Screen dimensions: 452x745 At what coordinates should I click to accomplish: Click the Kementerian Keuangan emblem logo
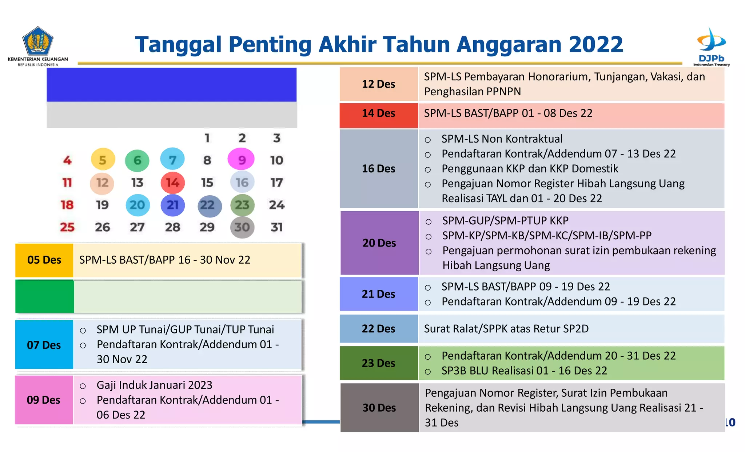(38, 41)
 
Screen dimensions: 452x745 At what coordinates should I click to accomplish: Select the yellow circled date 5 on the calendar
(103, 160)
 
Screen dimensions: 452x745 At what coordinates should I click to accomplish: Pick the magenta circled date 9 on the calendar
(241, 160)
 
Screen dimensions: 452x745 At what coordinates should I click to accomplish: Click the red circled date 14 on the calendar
(172, 183)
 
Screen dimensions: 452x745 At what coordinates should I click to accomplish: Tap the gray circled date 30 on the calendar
(242, 227)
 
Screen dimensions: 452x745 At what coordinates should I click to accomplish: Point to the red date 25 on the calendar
(67, 227)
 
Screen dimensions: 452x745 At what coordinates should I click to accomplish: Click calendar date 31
(276, 227)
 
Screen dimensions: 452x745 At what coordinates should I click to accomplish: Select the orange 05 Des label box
(44, 260)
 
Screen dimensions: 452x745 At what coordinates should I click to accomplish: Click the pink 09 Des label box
(44, 400)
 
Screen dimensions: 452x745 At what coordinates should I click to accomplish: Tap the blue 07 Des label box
(44, 345)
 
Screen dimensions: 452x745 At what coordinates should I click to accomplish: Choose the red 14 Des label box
(378, 113)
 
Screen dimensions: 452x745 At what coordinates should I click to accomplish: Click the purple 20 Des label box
(379, 243)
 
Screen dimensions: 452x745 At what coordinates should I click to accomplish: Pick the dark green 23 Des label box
(378, 363)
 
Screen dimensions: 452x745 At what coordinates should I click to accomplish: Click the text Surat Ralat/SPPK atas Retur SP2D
(506, 329)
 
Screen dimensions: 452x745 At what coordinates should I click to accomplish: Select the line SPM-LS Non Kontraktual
(502, 139)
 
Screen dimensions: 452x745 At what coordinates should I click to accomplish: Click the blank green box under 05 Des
(44, 296)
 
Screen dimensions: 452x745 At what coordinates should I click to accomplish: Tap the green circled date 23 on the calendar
(242, 205)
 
